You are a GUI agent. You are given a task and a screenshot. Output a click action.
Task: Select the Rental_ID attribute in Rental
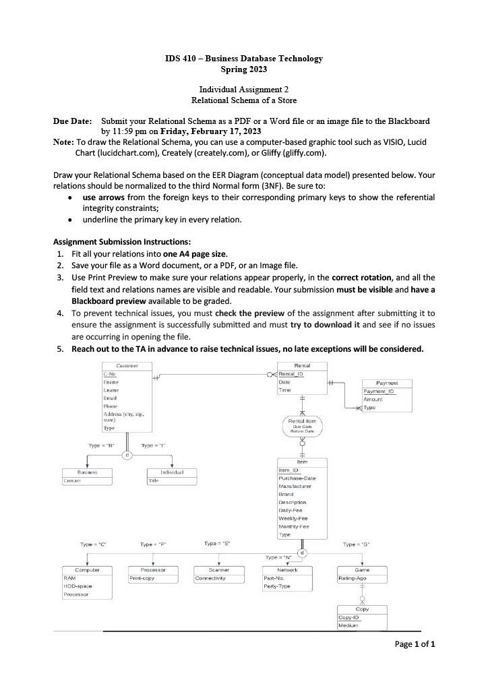[291, 374]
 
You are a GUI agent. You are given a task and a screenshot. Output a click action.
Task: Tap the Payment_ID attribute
[378, 391]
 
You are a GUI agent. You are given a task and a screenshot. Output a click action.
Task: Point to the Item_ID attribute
[288, 470]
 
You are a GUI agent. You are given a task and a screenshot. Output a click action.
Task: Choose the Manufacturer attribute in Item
[295, 486]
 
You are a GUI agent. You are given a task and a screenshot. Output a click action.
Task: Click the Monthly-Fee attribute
[293, 526]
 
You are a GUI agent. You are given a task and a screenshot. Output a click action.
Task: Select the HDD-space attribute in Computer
[78, 586]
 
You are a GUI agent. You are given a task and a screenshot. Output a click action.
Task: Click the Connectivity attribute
[210, 578]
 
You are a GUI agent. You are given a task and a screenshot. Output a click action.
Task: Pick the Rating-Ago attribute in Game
[353, 578]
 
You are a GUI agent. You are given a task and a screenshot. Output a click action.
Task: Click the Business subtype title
[88, 472]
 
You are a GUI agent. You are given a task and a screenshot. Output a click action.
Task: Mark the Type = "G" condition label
[356, 544]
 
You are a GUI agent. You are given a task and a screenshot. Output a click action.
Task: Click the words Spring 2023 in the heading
[243, 69]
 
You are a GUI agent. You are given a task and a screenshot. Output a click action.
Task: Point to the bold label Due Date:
[72, 121]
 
